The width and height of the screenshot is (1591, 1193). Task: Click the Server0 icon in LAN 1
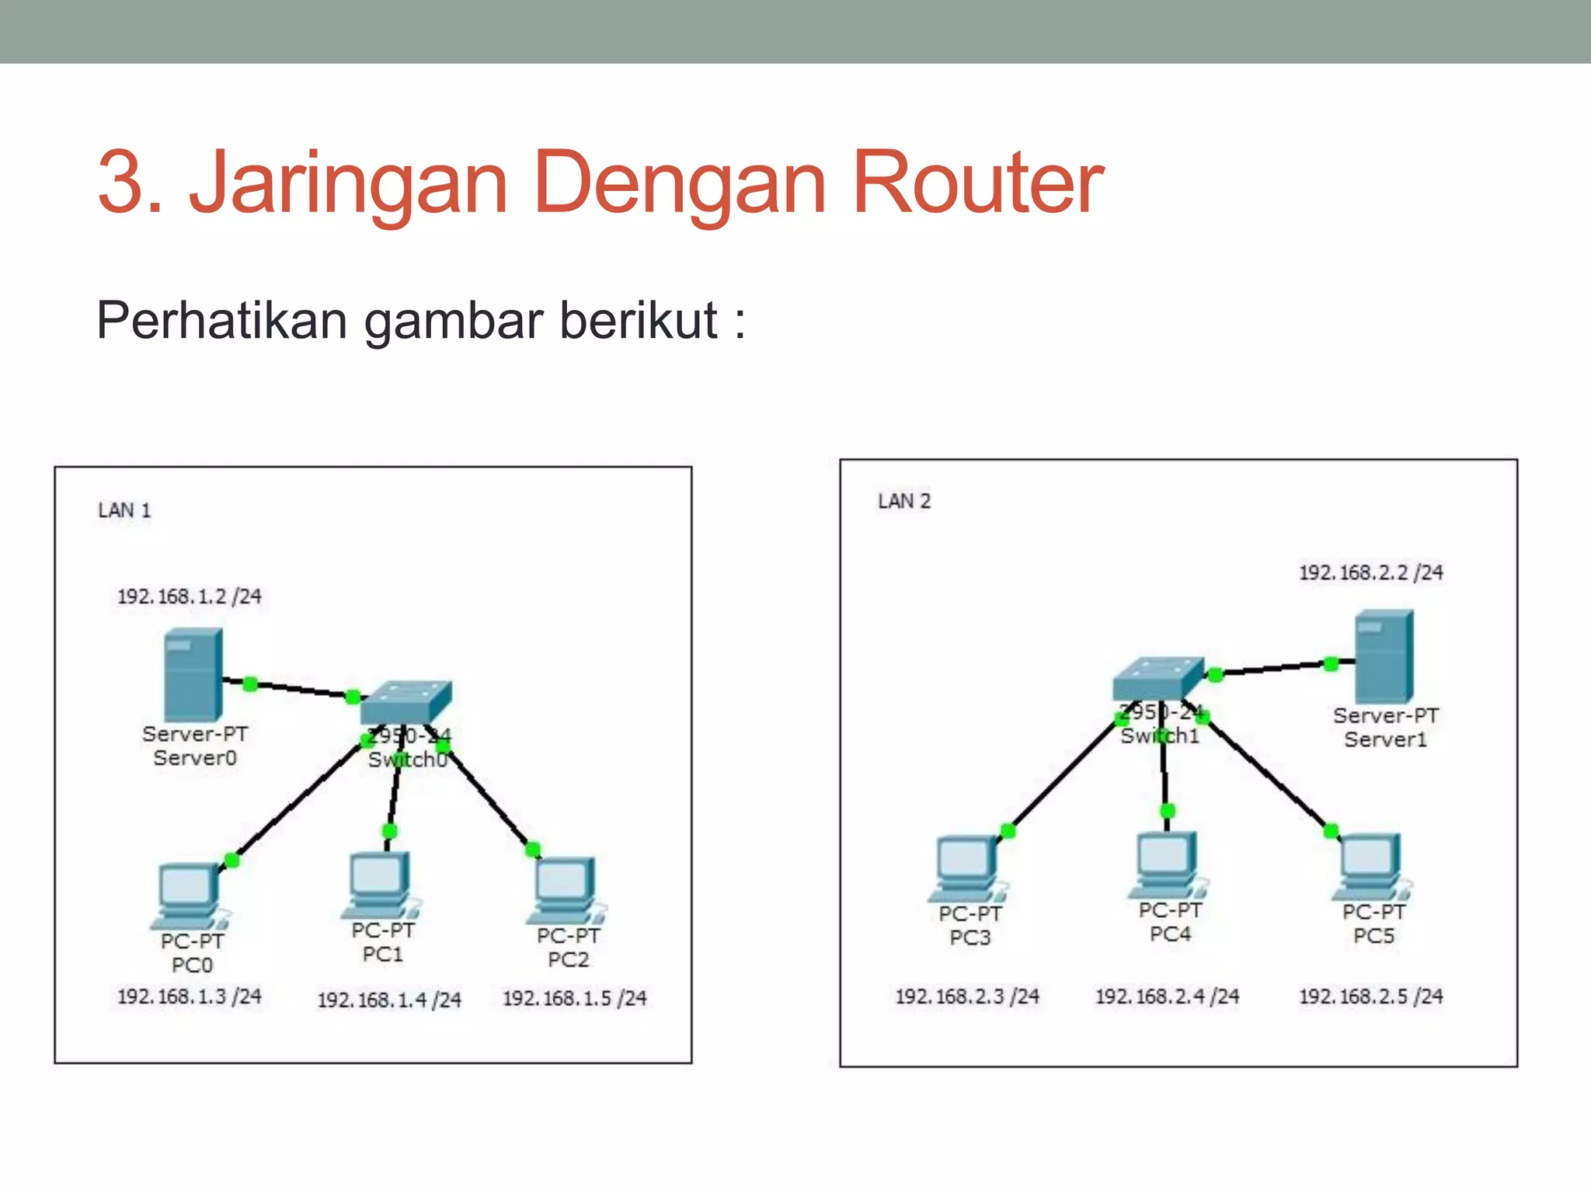point(193,674)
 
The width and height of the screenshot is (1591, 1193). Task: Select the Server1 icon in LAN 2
point(1384,656)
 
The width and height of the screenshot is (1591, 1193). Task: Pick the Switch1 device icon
point(1158,678)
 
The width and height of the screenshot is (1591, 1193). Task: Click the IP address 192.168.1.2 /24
point(189,596)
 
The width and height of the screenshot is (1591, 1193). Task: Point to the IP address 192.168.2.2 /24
point(1370,572)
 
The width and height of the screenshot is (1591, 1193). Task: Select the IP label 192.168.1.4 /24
point(389,1000)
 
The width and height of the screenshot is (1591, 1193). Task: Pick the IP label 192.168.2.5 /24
point(1370,996)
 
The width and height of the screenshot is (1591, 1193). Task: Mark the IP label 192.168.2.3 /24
point(967,996)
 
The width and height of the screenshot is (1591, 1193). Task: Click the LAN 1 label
point(124,510)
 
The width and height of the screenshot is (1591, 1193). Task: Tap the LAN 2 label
point(903,501)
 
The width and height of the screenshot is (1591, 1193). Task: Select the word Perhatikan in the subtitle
point(221,320)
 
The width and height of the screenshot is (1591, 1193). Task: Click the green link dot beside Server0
point(250,684)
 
